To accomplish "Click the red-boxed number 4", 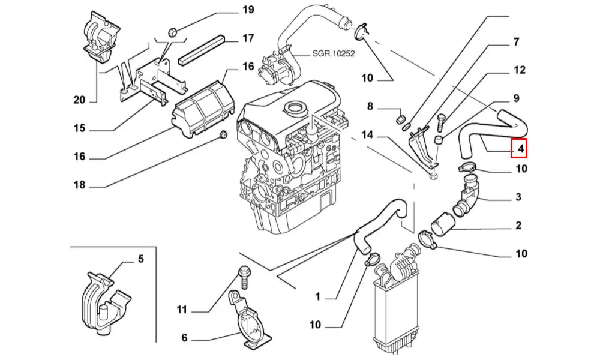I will [519, 147].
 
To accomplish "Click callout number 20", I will [80, 100].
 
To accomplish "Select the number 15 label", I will [80, 129].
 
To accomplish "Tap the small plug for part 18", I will [223, 134].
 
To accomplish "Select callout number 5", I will [141, 259].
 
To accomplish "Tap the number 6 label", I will [184, 337].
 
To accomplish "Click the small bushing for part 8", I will [403, 117].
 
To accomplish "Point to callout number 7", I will [515, 43].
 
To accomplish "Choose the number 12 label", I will [520, 70].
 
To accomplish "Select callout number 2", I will [518, 226].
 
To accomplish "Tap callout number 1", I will [319, 296].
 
